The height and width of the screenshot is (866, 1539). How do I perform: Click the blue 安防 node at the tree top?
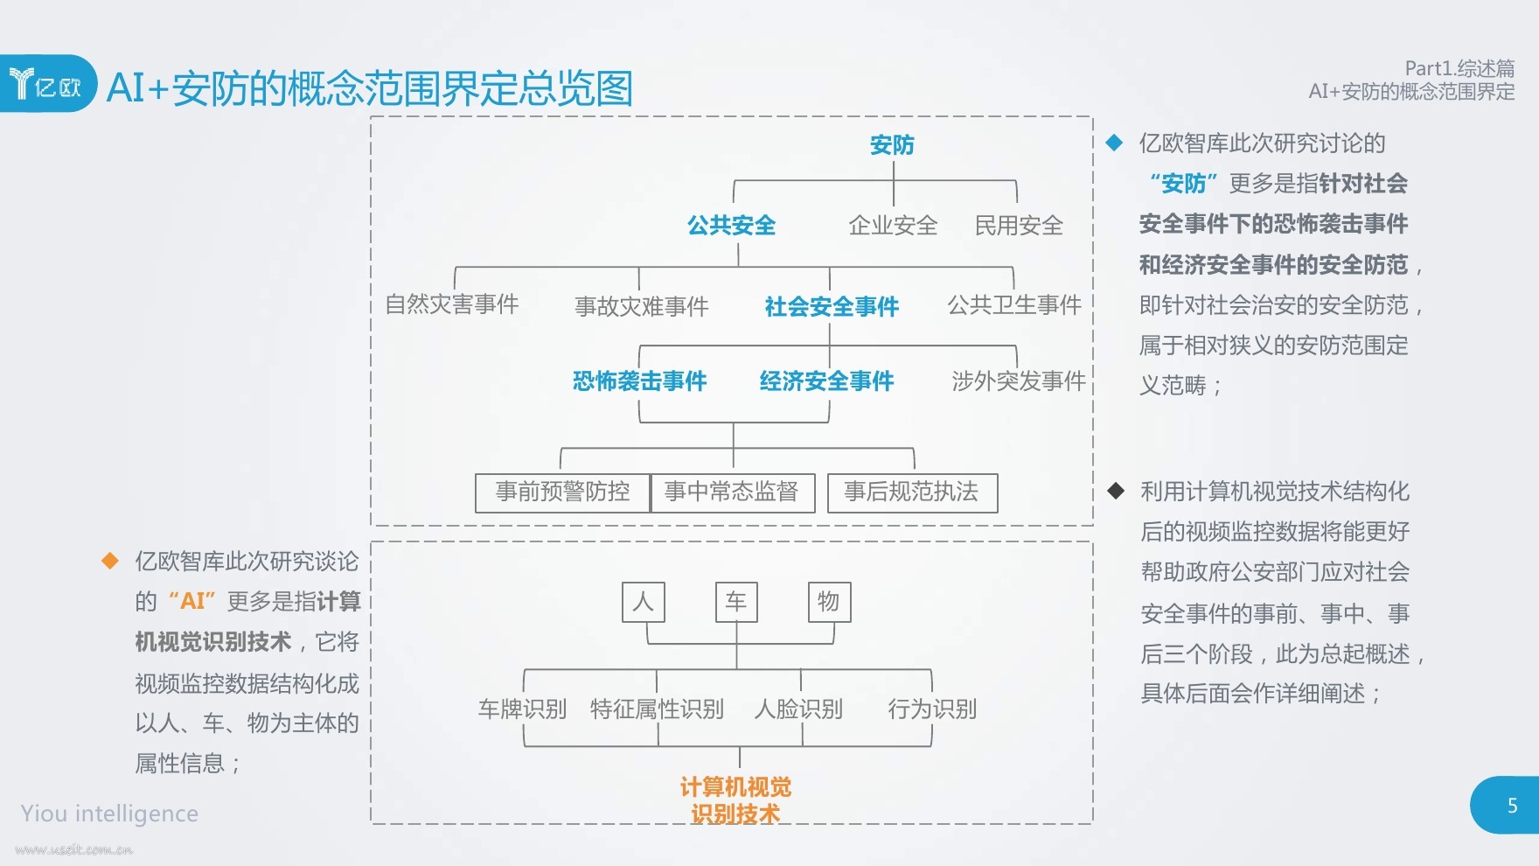(892, 145)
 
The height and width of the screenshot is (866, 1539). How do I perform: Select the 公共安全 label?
(731, 226)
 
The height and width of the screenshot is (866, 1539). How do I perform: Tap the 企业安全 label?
(893, 226)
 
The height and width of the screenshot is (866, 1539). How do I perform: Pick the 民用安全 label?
(1019, 226)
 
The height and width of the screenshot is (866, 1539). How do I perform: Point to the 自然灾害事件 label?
(452, 304)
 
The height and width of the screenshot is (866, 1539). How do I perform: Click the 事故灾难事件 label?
(642, 306)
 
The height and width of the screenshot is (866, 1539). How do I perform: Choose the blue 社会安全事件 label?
(832, 306)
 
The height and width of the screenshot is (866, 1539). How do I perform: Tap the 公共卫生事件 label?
(1014, 304)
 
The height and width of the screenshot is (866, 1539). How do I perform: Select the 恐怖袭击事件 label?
(639, 381)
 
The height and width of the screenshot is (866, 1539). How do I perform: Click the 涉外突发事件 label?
(1019, 381)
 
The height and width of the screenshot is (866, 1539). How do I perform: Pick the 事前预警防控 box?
(562, 492)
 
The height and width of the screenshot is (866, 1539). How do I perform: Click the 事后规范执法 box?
(911, 492)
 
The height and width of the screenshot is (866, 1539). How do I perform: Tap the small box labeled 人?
(644, 602)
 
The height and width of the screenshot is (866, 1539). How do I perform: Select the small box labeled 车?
(736, 602)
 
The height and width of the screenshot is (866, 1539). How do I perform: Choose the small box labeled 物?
(828, 602)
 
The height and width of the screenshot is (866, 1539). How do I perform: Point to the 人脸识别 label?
(798, 709)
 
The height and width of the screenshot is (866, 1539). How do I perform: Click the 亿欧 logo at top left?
(46, 85)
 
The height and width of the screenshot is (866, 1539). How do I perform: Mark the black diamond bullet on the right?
(1116, 491)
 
